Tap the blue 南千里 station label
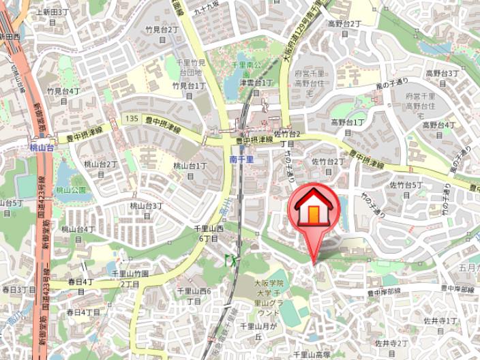tap(241, 159)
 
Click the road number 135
tap(132, 117)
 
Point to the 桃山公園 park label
tap(71, 190)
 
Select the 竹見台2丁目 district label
tap(162, 34)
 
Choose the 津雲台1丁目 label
tap(256, 87)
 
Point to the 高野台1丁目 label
tap(348, 127)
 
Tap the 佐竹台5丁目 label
tap(406, 190)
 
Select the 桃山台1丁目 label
tap(190, 170)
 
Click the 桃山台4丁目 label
tap(78, 234)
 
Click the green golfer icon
tap(230, 260)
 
